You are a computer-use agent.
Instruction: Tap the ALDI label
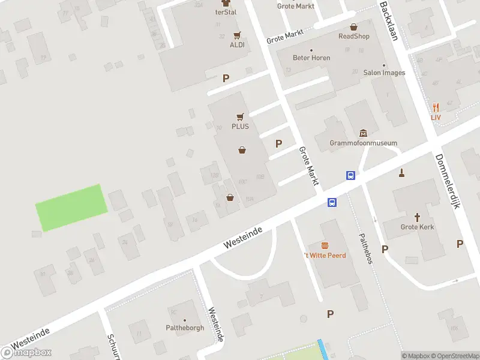click(237, 45)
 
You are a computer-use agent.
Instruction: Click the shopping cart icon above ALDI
click(237, 35)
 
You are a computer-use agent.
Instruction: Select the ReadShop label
click(354, 36)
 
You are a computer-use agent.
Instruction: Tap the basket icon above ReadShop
click(354, 27)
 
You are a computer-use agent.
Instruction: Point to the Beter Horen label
click(311, 58)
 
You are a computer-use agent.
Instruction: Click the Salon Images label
click(384, 73)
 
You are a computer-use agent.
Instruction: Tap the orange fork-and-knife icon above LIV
click(436, 107)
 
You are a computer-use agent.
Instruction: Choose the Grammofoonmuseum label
click(364, 143)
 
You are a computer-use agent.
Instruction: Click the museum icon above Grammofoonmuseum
click(363, 133)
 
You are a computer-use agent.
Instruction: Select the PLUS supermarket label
click(240, 127)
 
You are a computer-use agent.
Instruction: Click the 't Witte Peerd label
click(325, 255)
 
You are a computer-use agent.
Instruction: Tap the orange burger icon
click(325, 245)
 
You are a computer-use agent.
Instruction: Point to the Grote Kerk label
click(417, 227)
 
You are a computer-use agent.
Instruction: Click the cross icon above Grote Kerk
click(417, 217)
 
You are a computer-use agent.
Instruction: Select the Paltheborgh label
click(185, 328)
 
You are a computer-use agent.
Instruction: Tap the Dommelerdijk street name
click(447, 181)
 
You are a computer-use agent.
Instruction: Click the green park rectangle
click(72, 207)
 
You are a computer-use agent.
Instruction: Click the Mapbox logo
click(26, 352)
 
